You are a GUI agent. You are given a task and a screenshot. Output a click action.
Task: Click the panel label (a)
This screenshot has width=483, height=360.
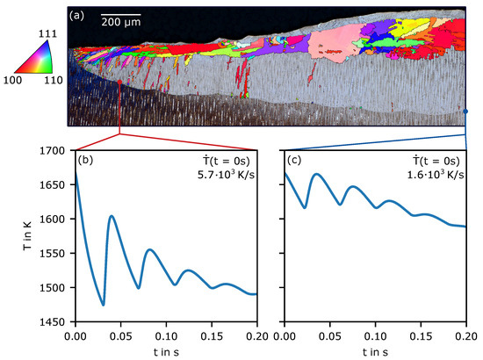(x=76, y=16)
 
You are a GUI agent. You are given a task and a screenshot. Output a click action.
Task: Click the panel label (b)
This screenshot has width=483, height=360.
(x=85, y=160)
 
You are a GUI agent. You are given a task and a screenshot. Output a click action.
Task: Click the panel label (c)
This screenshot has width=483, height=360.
(x=294, y=160)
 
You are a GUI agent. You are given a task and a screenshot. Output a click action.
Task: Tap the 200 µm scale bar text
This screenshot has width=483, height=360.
(x=121, y=22)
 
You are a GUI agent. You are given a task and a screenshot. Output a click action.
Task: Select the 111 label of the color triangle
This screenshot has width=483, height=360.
(x=47, y=33)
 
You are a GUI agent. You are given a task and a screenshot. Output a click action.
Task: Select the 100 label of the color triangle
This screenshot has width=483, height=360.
(x=12, y=80)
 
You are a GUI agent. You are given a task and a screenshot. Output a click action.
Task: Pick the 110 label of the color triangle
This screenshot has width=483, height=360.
(x=54, y=80)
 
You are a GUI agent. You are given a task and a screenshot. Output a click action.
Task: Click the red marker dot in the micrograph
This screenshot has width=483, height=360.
(x=119, y=82)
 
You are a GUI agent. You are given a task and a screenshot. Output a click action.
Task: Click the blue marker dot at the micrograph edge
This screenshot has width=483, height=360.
(x=465, y=112)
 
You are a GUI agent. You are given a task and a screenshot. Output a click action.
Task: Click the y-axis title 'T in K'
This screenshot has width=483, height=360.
(x=27, y=236)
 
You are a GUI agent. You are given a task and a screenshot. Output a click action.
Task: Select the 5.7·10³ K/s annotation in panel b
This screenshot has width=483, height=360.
(x=226, y=175)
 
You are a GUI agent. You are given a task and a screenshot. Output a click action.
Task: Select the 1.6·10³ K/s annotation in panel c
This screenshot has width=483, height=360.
(x=436, y=175)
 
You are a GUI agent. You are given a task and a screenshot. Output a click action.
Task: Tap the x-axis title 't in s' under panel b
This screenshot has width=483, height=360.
(x=166, y=352)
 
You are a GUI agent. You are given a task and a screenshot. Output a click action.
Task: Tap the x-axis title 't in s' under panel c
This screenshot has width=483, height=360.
(x=375, y=352)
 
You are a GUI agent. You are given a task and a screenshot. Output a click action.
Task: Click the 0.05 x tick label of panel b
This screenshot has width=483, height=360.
(x=121, y=336)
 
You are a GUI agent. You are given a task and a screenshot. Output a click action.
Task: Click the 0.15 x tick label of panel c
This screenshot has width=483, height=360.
(x=421, y=336)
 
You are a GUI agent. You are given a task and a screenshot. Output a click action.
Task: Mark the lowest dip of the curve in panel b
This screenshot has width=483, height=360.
(x=104, y=305)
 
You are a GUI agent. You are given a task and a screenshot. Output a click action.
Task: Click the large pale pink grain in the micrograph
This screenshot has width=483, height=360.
(x=335, y=43)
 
